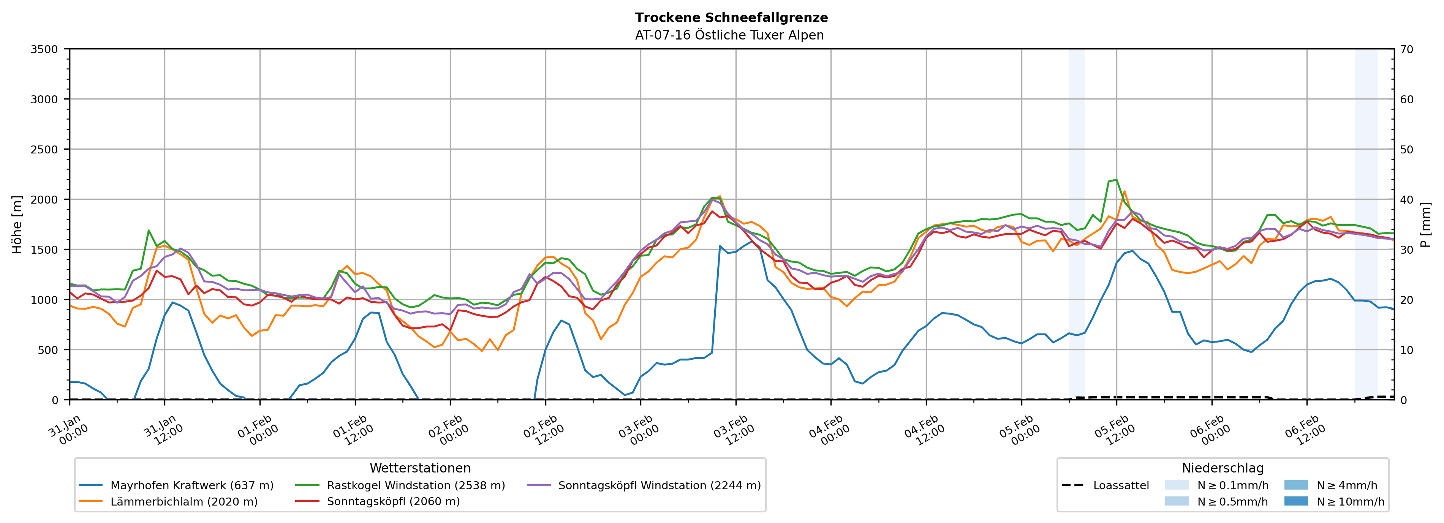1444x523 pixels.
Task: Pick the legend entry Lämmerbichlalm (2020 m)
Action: point(184,502)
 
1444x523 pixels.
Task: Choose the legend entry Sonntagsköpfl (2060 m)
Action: point(393,502)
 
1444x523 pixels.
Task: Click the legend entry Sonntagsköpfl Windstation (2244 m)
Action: point(659,485)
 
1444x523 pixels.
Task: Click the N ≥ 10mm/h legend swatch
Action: point(1296,501)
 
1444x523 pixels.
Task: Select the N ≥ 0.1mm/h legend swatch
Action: point(1177,485)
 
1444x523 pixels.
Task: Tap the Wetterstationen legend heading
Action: point(420,468)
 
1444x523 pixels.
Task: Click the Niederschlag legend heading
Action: point(1223,468)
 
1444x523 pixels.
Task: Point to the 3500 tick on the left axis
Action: point(44,49)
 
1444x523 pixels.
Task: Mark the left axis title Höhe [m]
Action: point(17,224)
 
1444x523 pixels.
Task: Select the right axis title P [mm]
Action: point(1425,224)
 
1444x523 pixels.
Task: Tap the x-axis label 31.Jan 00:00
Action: point(68,430)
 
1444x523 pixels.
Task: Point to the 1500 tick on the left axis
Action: point(44,250)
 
